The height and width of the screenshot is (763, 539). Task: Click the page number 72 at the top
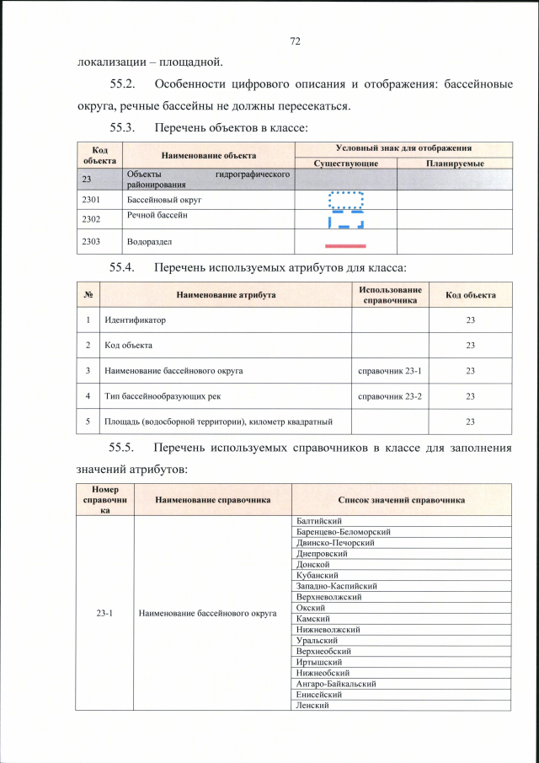pyautogui.click(x=295, y=40)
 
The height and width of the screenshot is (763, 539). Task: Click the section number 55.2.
pyautogui.click(x=127, y=84)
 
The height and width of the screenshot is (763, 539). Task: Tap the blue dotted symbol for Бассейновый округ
pyautogui.click(x=345, y=201)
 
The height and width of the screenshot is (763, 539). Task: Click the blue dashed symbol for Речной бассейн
pyautogui.click(x=345, y=220)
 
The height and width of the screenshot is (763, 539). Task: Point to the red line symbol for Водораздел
pyautogui.click(x=345, y=244)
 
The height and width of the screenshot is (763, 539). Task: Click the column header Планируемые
pyautogui.click(x=454, y=162)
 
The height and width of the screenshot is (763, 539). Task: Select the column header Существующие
pyautogui.click(x=345, y=162)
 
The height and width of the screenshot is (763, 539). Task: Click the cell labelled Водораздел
pyautogui.click(x=150, y=242)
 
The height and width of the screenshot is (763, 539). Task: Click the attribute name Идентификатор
pyautogui.click(x=135, y=321)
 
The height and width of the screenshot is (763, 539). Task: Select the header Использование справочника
pyautogui.click(x=390, y=294)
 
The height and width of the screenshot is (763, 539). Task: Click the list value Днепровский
pyautogui.click(x=321, y=554)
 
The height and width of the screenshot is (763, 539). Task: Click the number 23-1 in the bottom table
pyautogui.click(x=105, y=613)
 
